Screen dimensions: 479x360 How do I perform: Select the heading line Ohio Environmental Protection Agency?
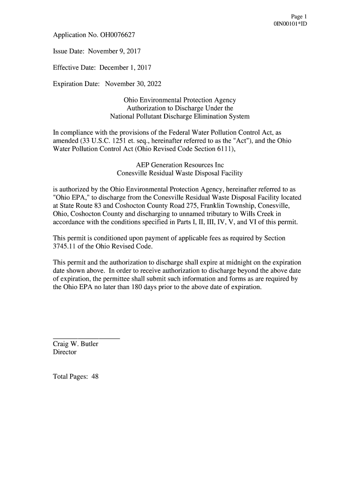[180, 100]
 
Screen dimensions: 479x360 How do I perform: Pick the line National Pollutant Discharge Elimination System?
[180, 116]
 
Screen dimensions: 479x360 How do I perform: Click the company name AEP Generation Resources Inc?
[180, 165]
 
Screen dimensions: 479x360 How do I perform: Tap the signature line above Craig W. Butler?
[86, 338]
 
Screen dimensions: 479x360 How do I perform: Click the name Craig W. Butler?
[75, 344]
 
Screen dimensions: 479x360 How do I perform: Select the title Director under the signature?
[65, 352]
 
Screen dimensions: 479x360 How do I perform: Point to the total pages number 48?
[95, 377]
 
